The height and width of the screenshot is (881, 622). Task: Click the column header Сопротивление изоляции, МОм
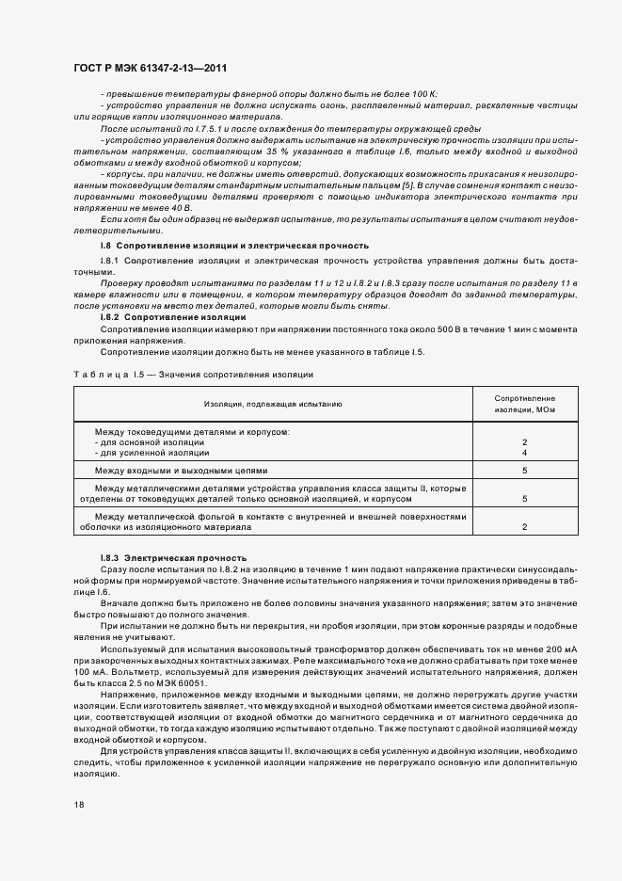point(524,404)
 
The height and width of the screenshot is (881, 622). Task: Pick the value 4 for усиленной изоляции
point(524,453)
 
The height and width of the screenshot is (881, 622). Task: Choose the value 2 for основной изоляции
point(524,442)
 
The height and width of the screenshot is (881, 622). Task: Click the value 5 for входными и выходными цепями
point(524,470)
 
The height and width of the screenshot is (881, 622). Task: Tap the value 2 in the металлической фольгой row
point(524,527)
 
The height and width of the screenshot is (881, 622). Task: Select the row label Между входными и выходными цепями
point(181,470)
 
